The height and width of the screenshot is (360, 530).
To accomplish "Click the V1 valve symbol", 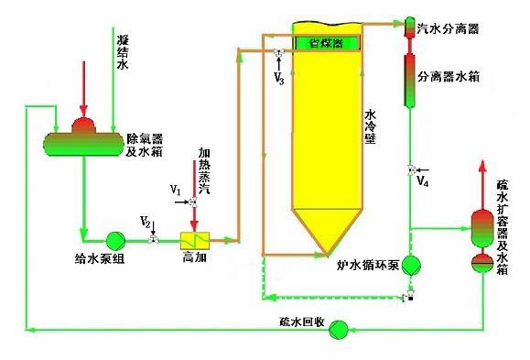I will click(x=192, y=202).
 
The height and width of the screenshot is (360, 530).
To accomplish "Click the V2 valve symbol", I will click(x=153, y=239).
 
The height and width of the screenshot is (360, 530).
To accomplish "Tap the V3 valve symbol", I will click(x=277, y=52).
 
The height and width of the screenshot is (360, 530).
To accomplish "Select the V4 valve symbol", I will click(x=409, y=169).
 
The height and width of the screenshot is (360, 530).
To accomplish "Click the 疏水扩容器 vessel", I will click(x=481, y=240).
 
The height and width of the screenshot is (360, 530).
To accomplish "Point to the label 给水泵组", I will click(x=94, y=258).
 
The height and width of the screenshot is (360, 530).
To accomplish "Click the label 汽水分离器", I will click(x=449, y=29).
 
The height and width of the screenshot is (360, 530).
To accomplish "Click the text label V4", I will click(x=421, y=182).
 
